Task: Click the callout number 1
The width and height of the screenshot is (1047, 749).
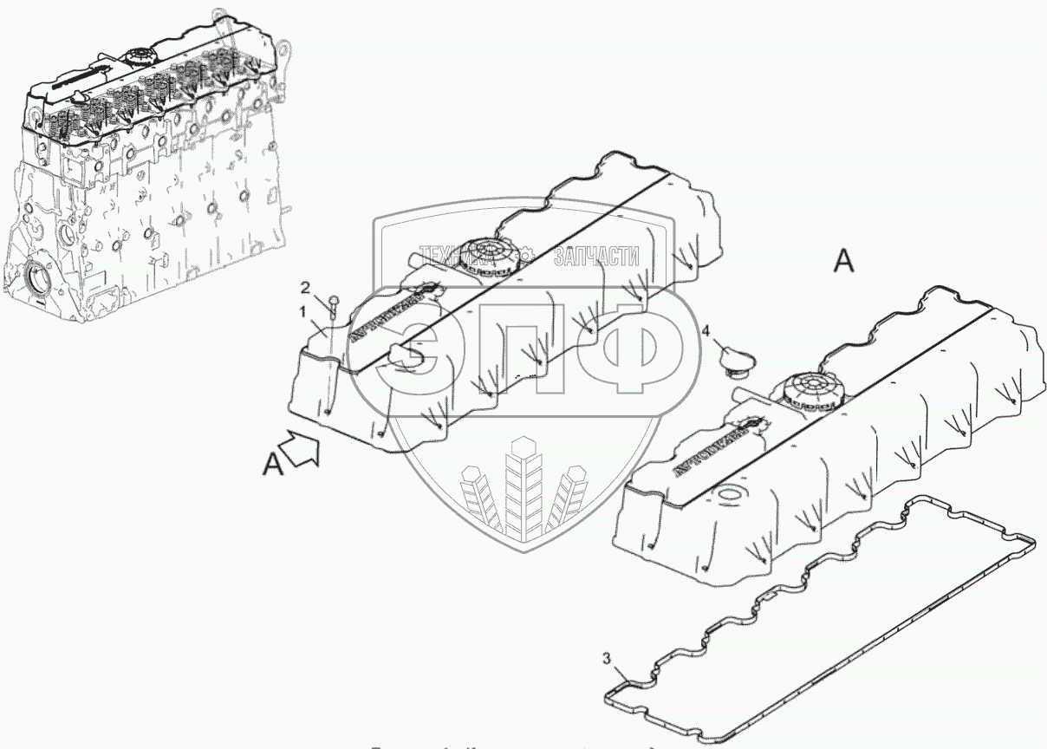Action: (x=302, y=309)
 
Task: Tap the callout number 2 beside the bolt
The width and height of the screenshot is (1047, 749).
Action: (x=305, y=286)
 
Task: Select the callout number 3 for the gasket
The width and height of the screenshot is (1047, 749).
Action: (x=608, y=660)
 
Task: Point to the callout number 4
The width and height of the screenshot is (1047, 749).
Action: (x=706, y=330)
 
